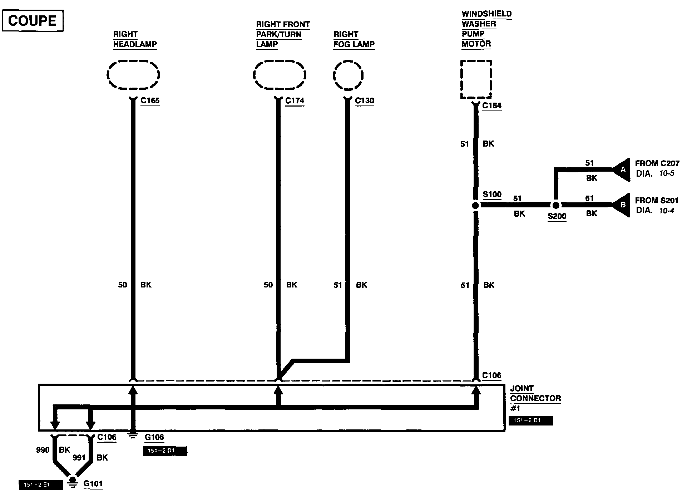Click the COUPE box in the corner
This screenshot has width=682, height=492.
tap(33, 21)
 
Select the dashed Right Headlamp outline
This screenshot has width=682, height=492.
tap(133, 75)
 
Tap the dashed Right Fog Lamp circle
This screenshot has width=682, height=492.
tap(348, 75)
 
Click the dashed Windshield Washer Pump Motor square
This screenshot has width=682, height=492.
tap(476, 79)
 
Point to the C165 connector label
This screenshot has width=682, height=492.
tap(150, 101)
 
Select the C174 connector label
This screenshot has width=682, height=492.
tap(295, 101)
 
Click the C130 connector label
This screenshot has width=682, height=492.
tap(364, 101)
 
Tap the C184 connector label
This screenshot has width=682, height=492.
tap(491, 106)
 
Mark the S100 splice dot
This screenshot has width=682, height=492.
tap(475, 206)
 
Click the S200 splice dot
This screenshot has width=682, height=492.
tap(555, 206)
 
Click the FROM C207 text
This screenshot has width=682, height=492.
tap(657, 163)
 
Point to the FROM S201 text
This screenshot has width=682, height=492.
tap(657, 200)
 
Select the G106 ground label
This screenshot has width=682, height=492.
tap(154, 437)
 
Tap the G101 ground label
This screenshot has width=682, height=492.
tap(93, 484)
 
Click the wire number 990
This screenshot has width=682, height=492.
tap(43, 450)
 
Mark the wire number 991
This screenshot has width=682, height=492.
tap(79, 458)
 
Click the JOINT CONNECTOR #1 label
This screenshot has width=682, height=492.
tap(535, 398)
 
